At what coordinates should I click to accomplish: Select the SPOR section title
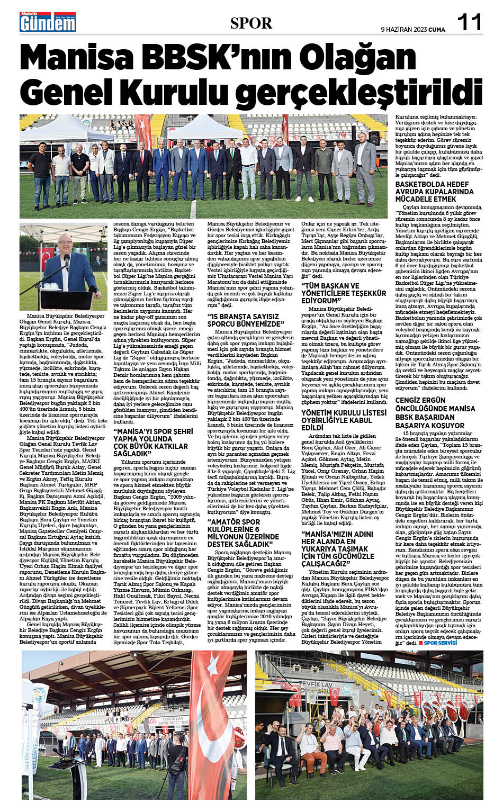251,23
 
